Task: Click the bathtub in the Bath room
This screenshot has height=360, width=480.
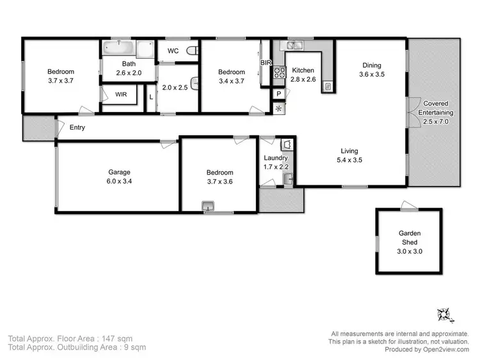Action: coord(119,48)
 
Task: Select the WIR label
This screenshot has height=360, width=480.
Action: coord(121,95)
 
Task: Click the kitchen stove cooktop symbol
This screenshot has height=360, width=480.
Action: coord(279,73)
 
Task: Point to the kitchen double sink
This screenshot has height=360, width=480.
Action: coord(295,45)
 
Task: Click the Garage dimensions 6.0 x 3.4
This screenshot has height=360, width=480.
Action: coord(119,181)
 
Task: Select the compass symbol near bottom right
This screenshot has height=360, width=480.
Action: coord(444,315)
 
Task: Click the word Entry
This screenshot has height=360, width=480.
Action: coord(77,127)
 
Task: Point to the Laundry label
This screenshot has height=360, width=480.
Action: coord(276,158)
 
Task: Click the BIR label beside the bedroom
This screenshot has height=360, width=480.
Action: coord(266,62)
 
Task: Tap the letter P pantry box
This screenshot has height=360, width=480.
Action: coord(278,93)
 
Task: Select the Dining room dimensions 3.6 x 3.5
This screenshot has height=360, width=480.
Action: coord(371,74)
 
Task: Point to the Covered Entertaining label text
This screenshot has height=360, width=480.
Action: coord(434,108)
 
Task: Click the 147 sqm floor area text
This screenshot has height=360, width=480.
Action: coord(129,338)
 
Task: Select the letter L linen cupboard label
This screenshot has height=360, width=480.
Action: coord(150,97)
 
